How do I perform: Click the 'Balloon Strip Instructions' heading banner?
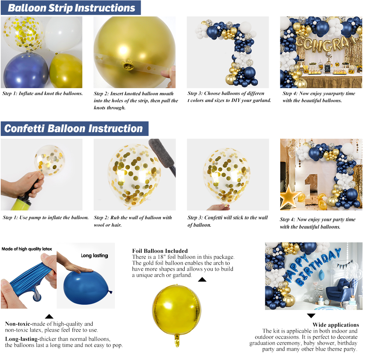(71, 8)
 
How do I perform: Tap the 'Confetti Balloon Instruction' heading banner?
(75, 128)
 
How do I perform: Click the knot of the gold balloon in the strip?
(128, 65)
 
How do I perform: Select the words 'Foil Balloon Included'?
(160, 251)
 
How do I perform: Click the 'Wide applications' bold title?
(336, 325)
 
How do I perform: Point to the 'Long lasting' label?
(94, 255)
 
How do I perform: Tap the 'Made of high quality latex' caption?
(27, 249)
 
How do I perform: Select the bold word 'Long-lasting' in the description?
(21, 339)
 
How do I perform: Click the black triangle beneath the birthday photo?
(311, 316)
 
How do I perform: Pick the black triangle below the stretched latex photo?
(49, 316)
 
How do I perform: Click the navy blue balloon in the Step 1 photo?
(26, 70)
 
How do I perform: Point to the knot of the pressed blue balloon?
(110, 292)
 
